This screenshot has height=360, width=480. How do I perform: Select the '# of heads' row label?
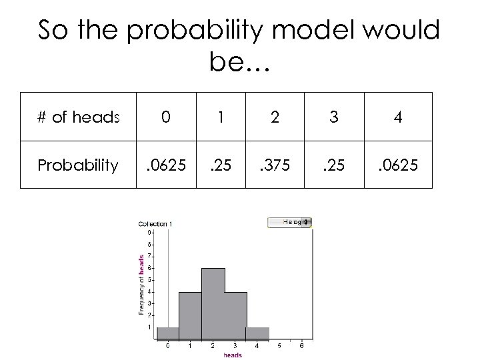[78, 117]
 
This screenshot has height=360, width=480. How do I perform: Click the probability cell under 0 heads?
[169, 164]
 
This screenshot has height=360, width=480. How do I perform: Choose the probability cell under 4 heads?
[398, 164]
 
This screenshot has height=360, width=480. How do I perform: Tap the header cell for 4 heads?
[398, 117]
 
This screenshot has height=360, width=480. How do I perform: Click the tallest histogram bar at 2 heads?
[213, 303]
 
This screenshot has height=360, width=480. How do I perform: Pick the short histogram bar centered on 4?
[257, 333]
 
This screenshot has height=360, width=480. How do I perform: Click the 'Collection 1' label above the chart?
[155, 224]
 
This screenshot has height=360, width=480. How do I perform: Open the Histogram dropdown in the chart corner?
[291, 222]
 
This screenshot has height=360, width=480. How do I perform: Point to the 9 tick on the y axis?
[149, 233]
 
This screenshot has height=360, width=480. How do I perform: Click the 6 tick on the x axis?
[303, 346]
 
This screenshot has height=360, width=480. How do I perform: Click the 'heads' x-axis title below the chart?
[233, 355]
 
